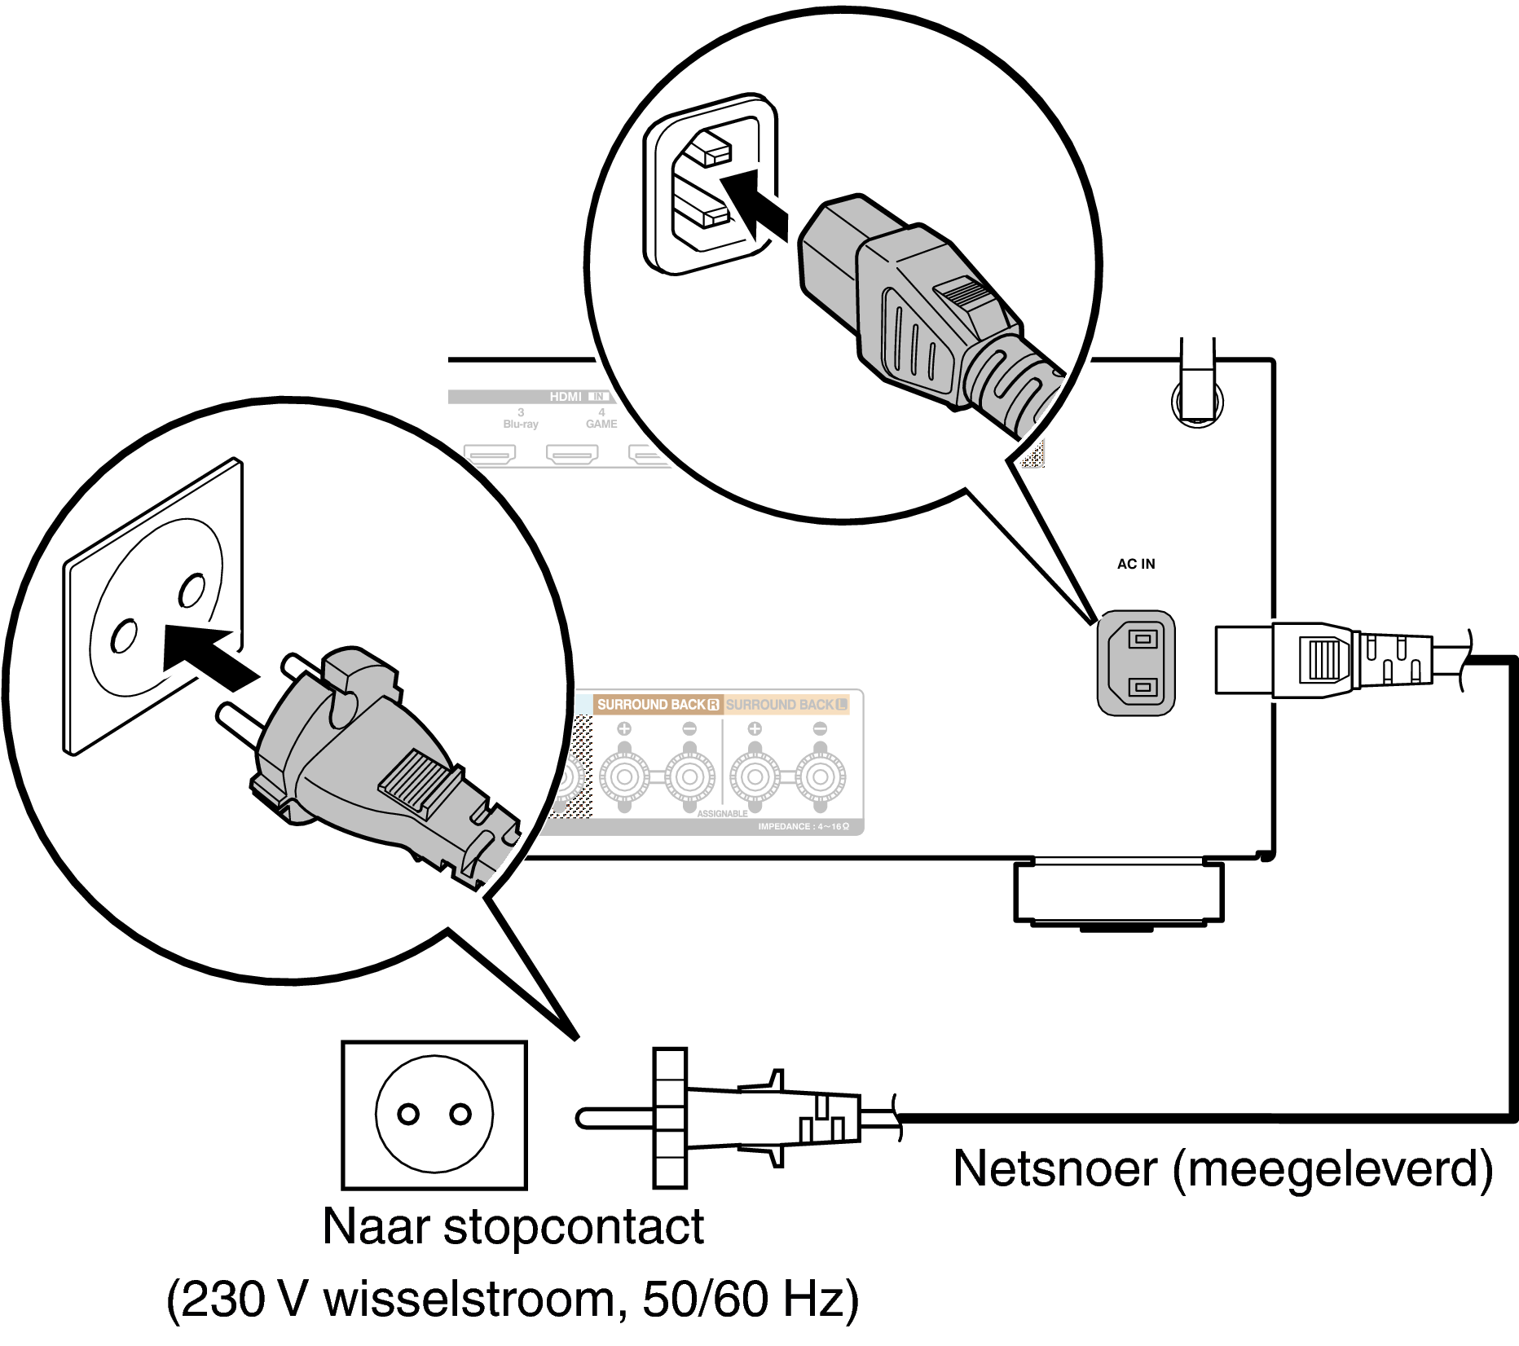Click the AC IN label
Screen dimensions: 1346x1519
(1135, 564)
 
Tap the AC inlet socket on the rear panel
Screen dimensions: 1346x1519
(1136, 663)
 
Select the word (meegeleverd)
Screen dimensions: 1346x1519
(1332, 1170)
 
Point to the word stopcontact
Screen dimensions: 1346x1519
(573, 1227)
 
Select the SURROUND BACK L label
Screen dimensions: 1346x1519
(786, 704)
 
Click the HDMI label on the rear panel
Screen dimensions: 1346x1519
(566, 397)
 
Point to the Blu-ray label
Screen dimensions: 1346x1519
(521, 424)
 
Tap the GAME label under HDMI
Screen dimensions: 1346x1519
(601, 424)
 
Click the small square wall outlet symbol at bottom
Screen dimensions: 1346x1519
(434, 1115)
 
